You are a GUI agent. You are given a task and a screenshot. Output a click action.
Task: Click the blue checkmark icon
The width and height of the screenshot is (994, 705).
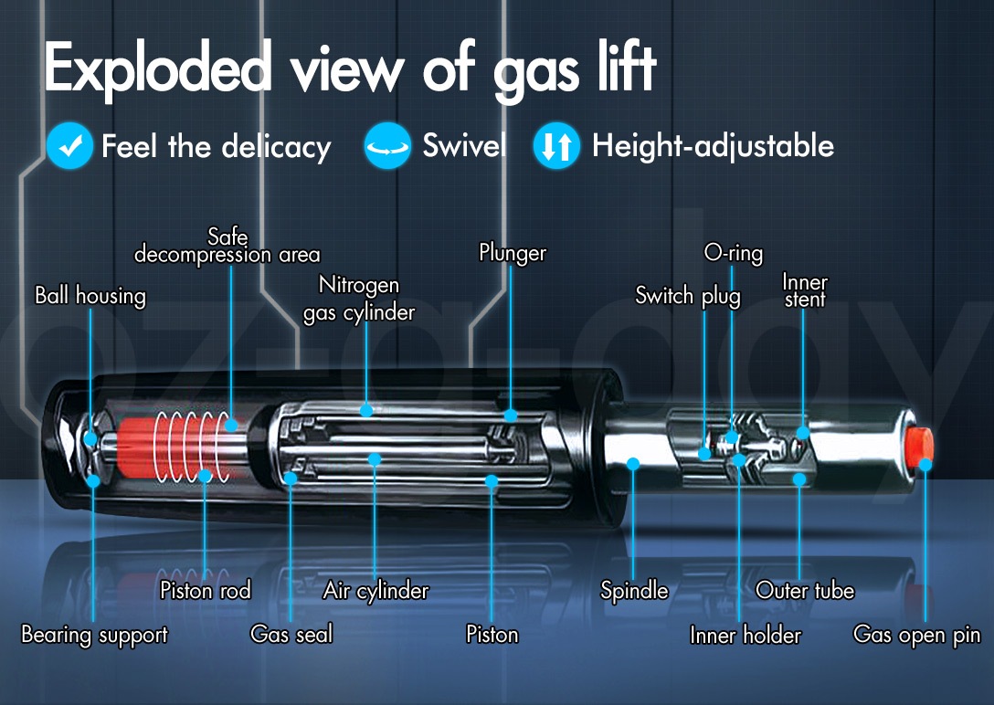coord(69,146)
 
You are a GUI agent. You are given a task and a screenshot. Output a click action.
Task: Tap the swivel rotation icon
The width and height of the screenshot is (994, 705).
coord(387,146)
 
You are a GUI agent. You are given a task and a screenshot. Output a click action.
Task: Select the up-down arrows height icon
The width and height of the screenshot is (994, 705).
coord(556,146)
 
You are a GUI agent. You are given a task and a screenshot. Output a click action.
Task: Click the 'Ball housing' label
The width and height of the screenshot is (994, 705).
coord(90,296)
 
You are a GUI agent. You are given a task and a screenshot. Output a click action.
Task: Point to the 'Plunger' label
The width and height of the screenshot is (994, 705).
coord(513,253)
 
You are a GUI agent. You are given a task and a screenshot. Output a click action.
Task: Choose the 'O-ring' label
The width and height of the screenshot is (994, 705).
coord(734,253)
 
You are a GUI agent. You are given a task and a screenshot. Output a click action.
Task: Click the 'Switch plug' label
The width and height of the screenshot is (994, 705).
coord(688,296)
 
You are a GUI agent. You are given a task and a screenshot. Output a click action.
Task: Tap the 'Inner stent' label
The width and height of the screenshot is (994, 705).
coord(805,290)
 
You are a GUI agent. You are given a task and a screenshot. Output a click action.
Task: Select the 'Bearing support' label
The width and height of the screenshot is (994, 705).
coord(94,635)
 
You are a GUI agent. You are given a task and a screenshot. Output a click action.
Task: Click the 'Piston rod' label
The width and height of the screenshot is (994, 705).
coord(206,590)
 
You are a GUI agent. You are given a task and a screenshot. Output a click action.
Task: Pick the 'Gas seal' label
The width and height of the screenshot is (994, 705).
coord(291,634)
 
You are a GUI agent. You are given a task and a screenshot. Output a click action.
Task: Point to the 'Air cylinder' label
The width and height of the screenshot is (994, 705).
coord(375,591)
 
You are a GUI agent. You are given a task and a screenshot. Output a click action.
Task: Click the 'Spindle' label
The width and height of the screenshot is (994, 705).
coord(634,591)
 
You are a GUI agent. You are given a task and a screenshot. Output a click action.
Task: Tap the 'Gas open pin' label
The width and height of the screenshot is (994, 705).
coord(916,635)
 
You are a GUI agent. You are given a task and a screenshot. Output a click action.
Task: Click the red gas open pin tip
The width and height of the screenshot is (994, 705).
coord(918,446)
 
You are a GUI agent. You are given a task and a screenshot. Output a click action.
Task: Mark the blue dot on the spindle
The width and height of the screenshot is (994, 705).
coord(632,464)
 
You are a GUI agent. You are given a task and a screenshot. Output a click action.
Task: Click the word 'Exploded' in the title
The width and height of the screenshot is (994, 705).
coord(158,68)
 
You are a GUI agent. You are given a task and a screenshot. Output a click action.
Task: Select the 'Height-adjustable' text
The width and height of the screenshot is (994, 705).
coord(713,146)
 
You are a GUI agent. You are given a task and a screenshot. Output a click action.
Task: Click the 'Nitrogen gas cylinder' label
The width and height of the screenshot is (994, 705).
coord(359,299)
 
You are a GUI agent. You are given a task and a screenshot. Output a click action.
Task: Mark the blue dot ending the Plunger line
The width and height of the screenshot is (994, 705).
coord(511,416)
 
